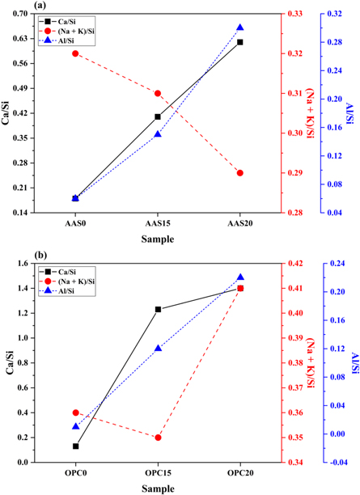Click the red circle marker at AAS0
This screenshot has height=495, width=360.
(x=75, y=53)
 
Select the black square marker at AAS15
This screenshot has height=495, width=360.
(x=158, y=116)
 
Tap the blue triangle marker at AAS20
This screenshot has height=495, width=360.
(x=239, y=28)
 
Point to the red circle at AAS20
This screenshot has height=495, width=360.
(x=239, y=173)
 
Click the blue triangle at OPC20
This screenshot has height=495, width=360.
(x=239, y=277)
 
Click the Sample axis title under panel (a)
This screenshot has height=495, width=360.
(x=158, y=239)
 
